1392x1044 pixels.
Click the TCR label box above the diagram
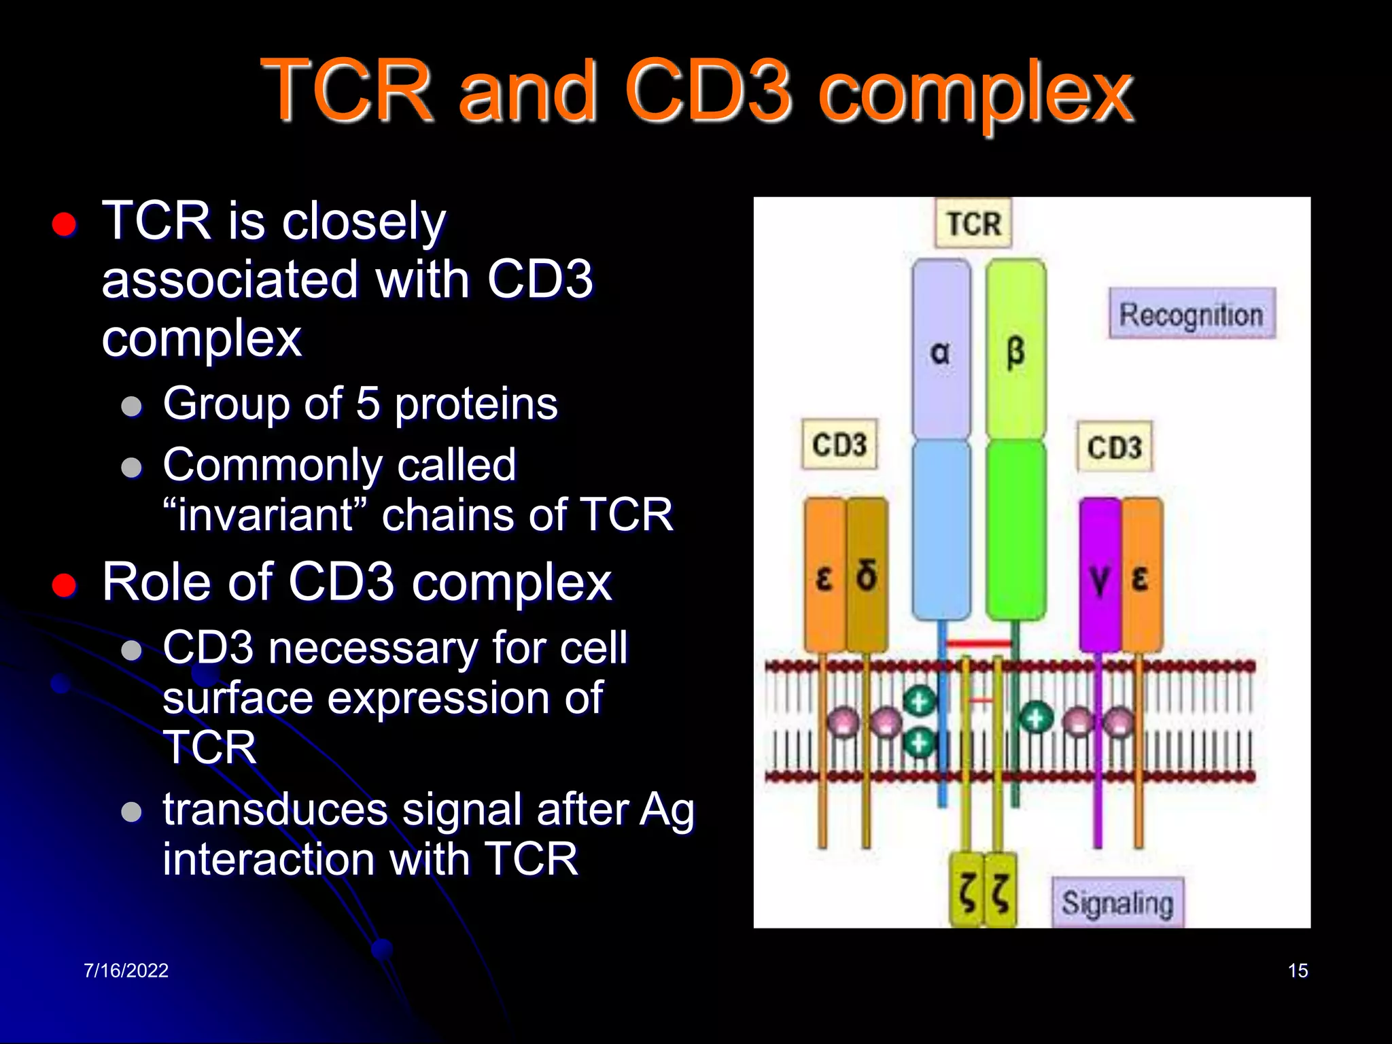tap(973, 223)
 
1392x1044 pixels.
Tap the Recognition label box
tap(1191, 314)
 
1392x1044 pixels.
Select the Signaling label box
tap(1117, 903)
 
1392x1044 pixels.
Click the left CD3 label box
tap(839, 445)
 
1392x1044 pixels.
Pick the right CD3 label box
tap(1114, 447)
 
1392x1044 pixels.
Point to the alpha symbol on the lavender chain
tap(940, 352)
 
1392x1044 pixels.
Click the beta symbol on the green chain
tap(1015, 352)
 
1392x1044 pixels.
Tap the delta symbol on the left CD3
tap(867, 576)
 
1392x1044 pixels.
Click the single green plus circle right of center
tap(1035, 718)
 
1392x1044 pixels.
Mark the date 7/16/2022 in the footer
tap(126, 970)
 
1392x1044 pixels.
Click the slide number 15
tap(1298, 970)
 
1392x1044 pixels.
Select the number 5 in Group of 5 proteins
tap(368, 403)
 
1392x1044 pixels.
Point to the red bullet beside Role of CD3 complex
tap(64, 585)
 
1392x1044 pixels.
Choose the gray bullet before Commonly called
tap(131, 468)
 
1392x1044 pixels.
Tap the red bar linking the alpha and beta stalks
tap(979, 642)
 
